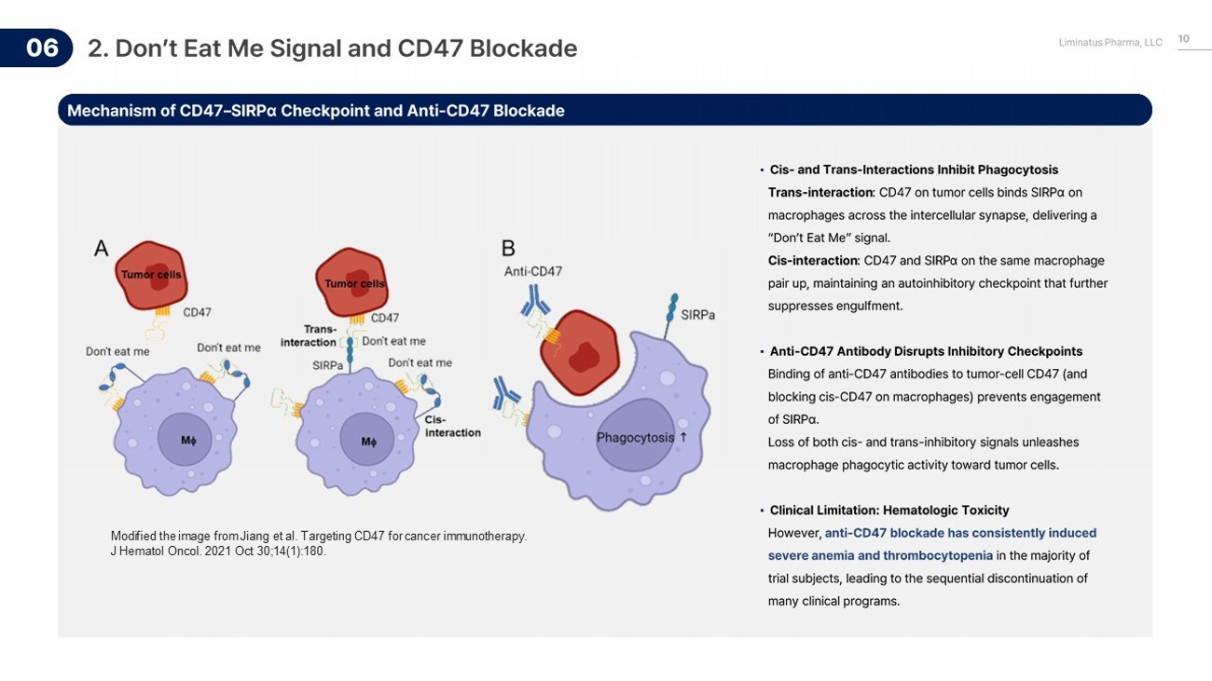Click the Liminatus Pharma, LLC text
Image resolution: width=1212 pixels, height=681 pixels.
coord(1110,43)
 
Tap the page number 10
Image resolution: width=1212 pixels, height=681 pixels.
coord(1183,39)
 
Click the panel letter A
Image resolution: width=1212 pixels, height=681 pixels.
coord(101,249)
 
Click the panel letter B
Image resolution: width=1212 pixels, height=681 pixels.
coord(508,249)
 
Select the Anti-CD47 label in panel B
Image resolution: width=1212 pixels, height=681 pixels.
coord(533,271)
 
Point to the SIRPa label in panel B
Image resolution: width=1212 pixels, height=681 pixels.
coord(697,315)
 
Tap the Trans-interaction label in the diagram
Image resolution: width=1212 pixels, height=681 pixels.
coord(309,335)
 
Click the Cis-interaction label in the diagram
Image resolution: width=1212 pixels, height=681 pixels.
coord(452,426)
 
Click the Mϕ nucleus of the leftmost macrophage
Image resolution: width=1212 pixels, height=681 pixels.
coord(188,441)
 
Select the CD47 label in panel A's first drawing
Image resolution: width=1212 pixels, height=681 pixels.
coord(197,312)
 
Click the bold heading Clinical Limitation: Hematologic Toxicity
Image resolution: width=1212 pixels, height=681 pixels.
coord(888,511)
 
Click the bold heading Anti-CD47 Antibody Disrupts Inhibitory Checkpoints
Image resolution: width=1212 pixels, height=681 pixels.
coord(926,351)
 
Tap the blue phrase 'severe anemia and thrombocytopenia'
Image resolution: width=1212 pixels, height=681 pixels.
coord(880,555)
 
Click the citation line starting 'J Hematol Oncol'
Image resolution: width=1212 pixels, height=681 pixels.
coord(218,552)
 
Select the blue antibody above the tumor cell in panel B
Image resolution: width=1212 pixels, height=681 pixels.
coord(535,299)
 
